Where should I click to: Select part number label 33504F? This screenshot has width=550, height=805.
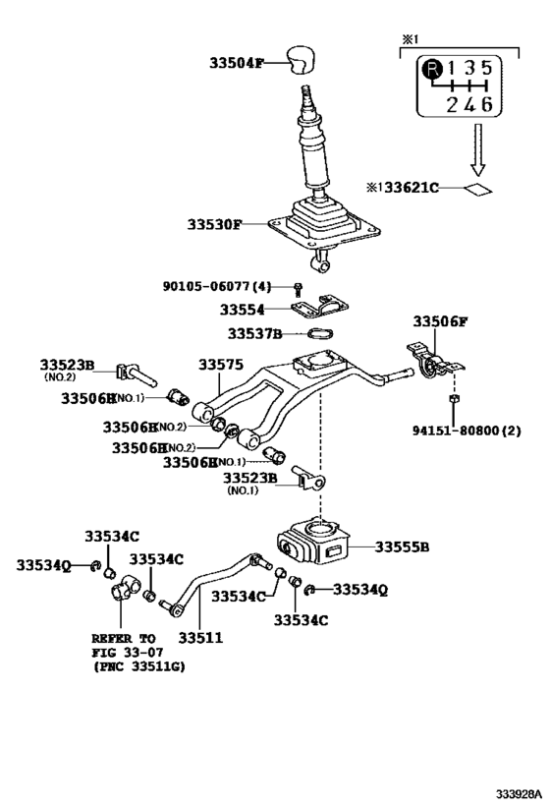pos(237,63)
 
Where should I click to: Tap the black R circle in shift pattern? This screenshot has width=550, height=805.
pos(431,69)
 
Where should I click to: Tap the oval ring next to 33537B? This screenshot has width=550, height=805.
pos(325,333)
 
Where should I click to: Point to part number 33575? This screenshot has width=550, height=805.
pos(221,365)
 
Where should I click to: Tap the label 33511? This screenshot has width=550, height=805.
pos(200,637)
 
